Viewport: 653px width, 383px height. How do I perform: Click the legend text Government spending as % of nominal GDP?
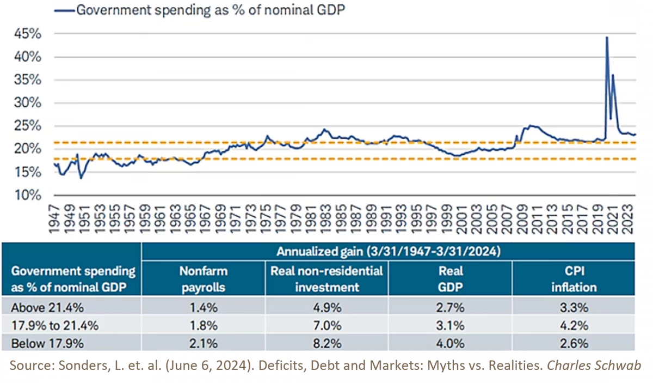point(211,9)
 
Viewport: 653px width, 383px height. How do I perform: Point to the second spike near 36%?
point(613,75)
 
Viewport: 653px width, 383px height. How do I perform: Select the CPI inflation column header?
point(574,278)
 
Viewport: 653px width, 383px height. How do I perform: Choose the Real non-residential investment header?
point(326,278)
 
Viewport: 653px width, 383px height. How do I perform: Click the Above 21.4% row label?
point(48,308)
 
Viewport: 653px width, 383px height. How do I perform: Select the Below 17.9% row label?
point(48,344)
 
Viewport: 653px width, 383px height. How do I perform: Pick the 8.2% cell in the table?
point(326,344)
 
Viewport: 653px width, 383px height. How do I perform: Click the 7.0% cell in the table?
point(326,326)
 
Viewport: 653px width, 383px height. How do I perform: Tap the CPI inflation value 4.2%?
point(574,326)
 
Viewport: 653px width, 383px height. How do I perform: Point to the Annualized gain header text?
point(388,252)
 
